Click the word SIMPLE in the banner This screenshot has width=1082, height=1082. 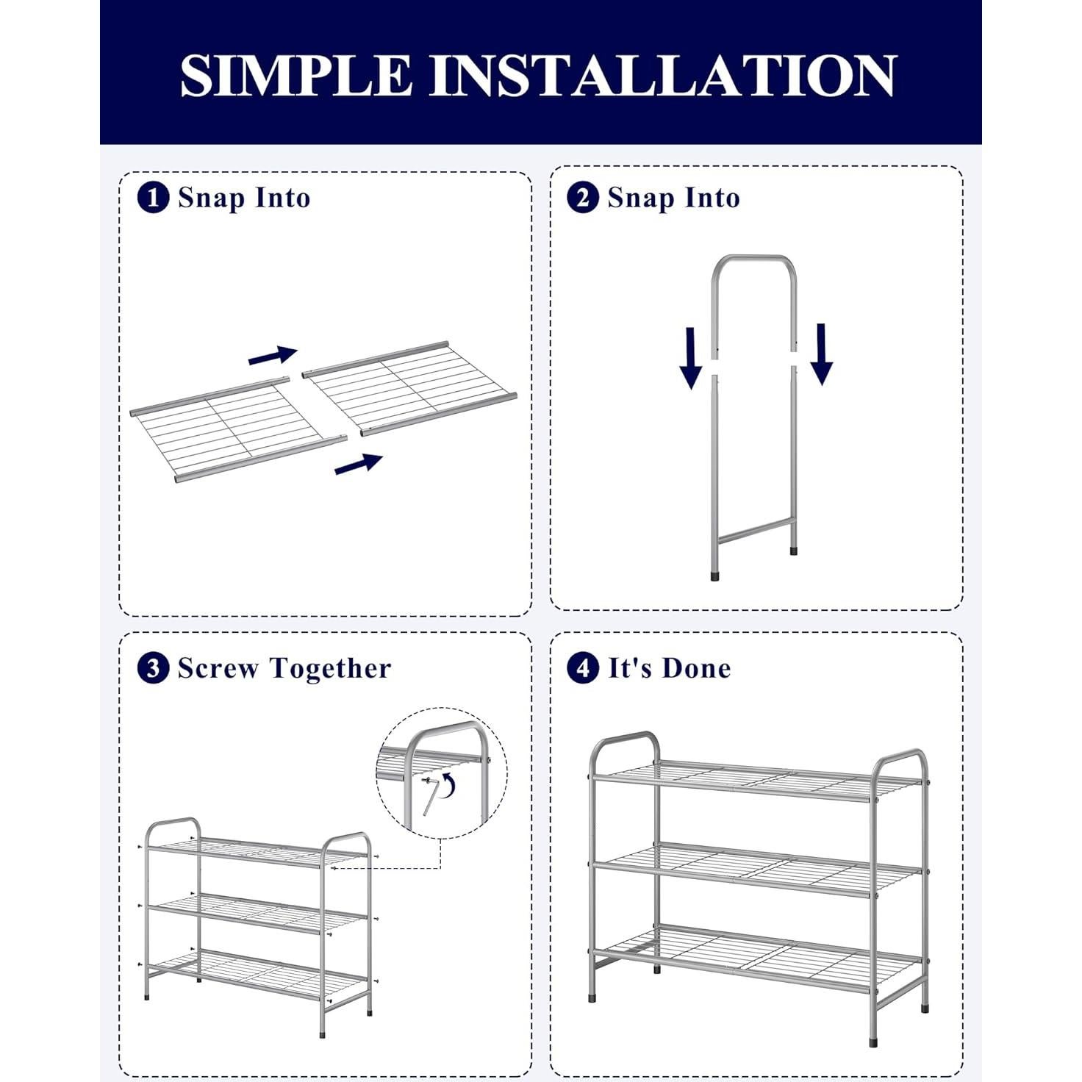(x=296, y=76)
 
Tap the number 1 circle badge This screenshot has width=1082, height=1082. (x=154, y=198)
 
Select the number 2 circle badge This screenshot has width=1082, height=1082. (x=583, y=198)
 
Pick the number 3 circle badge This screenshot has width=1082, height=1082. (x=154, y=668)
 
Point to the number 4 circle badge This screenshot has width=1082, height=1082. (x=583, y=668)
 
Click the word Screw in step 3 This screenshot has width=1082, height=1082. (x=218, y=668)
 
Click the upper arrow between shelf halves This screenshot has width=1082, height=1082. (x=273, y=355)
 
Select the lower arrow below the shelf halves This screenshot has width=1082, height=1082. (x=359, y=464)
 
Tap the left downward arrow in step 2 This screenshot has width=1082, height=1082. (x=691, y=358)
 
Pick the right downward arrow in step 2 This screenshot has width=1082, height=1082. (x=822, y=354)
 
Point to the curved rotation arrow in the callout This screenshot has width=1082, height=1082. (x=448, y=784)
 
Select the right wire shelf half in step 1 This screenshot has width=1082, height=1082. (x=410, y=388)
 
